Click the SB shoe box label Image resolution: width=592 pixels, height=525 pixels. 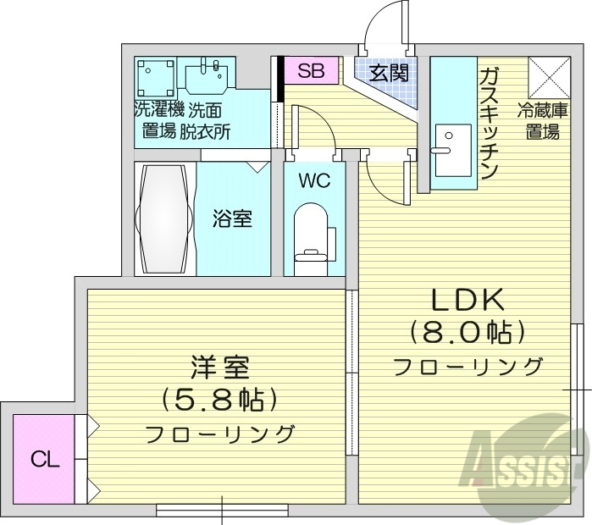coord(311,71)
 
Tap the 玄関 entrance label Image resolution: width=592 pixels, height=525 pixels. coord(389,73)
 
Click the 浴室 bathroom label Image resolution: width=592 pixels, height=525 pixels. coord(231,218)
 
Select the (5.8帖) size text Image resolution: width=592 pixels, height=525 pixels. coord(219,400)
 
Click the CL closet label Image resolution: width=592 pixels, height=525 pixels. coord(45,460)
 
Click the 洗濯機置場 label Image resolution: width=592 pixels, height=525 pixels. coord(158,120)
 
